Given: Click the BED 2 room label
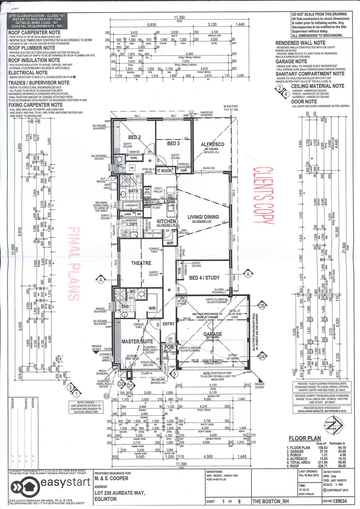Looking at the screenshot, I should (x=135, y=137).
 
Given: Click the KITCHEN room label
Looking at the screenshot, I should (x=167, y=221).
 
